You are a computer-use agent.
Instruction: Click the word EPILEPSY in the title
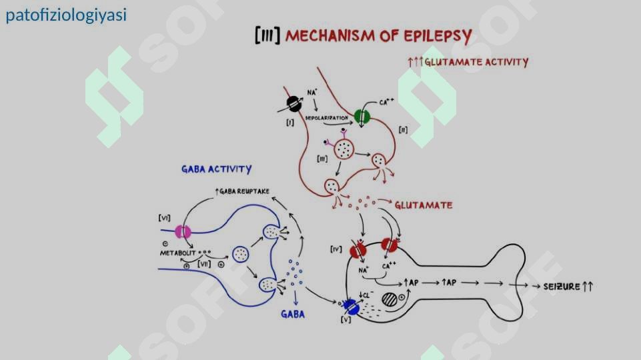435,35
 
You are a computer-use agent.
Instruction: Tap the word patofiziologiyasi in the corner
66,15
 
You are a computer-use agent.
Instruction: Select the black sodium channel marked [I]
293,103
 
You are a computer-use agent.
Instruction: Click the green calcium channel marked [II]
362,117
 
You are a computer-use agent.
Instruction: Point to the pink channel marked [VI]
183,232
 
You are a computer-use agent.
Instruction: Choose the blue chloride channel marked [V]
352,307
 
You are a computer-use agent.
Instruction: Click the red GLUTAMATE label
423,205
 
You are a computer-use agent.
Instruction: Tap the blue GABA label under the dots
293,313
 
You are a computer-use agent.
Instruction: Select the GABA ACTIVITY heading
216,169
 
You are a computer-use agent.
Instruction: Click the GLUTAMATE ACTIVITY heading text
476,62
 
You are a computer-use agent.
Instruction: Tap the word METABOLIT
177,253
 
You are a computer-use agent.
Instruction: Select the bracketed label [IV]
336,249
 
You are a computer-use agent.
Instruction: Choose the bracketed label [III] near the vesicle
323,158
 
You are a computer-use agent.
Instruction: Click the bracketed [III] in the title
267,35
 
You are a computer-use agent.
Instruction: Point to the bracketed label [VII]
203,264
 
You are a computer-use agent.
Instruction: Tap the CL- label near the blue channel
366,293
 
